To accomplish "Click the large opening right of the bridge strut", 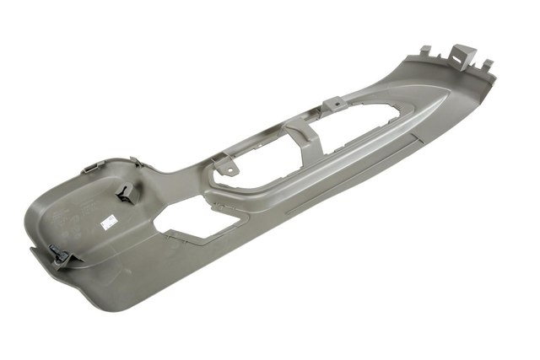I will click(354, 136).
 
